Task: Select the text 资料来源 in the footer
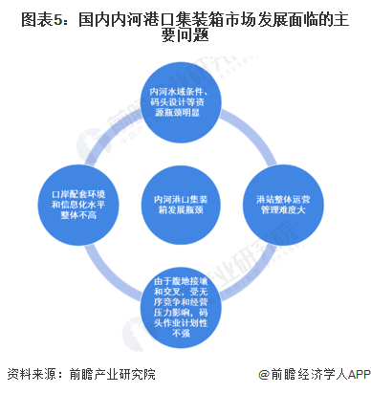click(x=29, y=375)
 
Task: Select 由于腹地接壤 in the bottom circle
click(x=185, y=283)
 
